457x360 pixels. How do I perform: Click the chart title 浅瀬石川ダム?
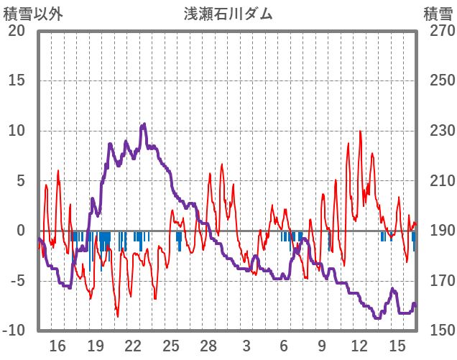tap(228, 14)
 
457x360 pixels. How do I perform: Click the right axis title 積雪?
tap(438, 14)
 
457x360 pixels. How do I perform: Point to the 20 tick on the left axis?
tap(17, 31)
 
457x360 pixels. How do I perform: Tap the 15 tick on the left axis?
tap(17, 81)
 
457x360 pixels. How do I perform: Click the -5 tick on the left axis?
tap(17, 281)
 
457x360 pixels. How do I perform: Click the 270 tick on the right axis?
tap(438, 31)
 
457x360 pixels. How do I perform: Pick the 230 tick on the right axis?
tap(438, 131)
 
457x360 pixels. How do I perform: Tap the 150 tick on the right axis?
tap(438, 331)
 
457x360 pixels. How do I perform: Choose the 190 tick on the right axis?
tap(438, 231)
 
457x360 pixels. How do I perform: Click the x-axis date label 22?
tap(133, 346)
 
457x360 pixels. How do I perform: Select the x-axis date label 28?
tap(208, 346)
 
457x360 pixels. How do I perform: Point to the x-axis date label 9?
tap(322, 346)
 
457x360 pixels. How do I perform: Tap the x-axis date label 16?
tap(57, 346)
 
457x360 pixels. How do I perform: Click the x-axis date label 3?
tap(246, 346)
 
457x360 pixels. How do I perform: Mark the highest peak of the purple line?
tap(144, 124)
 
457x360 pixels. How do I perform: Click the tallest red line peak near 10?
tap(359, 131)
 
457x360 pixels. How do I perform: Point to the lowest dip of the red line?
tap(118, 316)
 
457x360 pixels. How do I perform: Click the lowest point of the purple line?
tap(378, 318)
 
